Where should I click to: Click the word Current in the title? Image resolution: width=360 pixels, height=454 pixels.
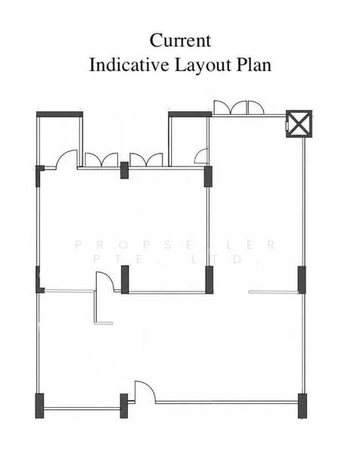point(180,41)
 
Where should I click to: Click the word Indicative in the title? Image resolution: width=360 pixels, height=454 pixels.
point(129,64)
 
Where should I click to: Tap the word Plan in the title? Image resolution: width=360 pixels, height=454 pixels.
point(254,64)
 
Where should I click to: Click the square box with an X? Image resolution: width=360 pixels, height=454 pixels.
point(299,123)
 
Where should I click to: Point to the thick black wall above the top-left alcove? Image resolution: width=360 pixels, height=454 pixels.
point(60,114)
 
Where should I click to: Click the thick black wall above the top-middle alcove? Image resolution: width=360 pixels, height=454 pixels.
point(190,114)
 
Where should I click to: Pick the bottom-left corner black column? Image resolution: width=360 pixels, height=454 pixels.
point(39,406)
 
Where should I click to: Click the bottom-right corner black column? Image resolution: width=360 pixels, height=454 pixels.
point(302,406)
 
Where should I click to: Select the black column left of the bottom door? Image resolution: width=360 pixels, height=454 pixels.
point(123,406)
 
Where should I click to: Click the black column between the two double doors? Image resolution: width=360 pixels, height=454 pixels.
point(124,170)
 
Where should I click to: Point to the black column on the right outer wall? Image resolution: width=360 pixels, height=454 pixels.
point(302,280)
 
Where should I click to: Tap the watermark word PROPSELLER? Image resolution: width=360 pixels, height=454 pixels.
point(176,245)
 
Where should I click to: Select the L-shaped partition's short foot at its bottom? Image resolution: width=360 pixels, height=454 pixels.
point(104,323)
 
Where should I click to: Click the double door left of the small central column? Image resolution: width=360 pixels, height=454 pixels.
point(101,160)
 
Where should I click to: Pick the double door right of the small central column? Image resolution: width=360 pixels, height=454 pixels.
point(146,160)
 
